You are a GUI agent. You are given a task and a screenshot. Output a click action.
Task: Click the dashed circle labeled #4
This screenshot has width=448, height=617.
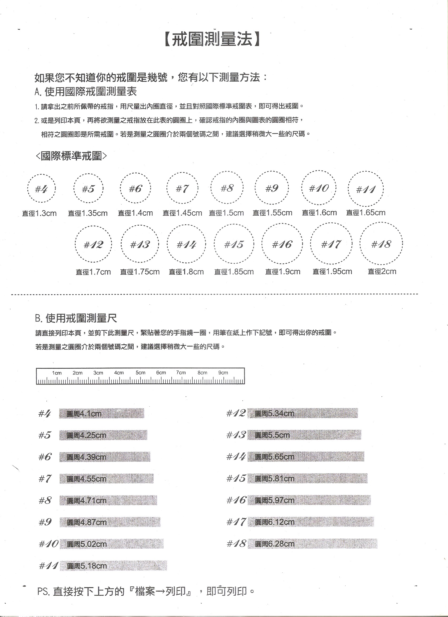[42, 188]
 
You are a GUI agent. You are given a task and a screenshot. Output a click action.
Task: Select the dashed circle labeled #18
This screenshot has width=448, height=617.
[381, 244]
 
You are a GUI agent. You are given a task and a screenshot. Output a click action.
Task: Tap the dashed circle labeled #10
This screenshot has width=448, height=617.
[319, 188]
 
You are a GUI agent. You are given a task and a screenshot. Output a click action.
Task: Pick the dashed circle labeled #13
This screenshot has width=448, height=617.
[140, 244]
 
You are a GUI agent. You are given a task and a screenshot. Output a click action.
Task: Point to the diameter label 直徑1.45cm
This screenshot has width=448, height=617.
[182, 213]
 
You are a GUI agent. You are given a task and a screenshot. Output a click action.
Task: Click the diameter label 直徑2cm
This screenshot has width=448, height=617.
[382, 272]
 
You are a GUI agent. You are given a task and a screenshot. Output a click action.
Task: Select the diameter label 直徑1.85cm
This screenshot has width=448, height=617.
[234, 272]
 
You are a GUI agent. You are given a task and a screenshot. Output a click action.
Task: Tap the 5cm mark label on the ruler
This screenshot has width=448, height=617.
[140, 373]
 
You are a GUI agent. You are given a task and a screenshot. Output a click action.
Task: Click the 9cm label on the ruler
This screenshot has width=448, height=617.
[223, 373]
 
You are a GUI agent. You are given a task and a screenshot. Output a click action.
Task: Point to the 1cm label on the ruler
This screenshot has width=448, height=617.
[57, 373]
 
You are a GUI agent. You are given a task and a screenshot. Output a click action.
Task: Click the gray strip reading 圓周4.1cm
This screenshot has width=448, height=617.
[102, 414]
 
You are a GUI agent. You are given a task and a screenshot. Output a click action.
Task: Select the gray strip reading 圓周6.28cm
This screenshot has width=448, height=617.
[313, 544]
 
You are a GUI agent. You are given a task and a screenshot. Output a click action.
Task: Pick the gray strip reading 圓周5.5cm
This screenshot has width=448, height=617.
[304, 435]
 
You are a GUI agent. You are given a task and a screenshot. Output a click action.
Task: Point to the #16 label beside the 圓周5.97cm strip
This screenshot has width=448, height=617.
[236, 500]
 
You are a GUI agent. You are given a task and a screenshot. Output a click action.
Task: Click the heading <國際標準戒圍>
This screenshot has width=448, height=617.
[71, 156]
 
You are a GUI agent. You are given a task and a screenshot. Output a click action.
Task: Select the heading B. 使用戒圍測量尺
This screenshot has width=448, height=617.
[76, 318]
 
